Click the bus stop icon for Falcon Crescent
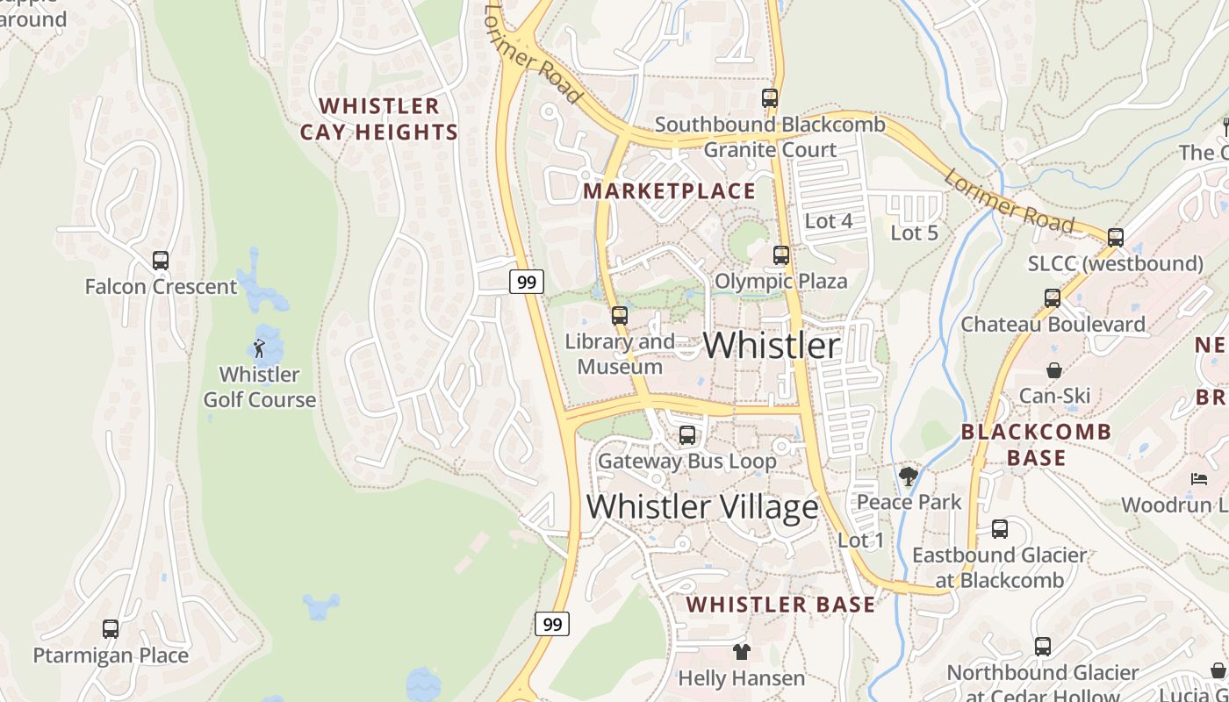pos(160,261)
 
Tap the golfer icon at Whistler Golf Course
pos(259,348)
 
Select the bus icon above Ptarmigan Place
pos(110,629)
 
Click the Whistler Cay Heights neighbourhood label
pos(379,119)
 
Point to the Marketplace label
pos(669,191)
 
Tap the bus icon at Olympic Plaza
pos(780,255)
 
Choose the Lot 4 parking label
pos(828,221)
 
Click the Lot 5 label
pos(914,233)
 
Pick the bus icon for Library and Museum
pos(620,316)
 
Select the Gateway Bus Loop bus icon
pos(686,435)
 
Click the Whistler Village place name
pos(702,506)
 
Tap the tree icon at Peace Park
pos(909,476)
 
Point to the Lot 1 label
pos(861,540)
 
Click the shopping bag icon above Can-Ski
pos(1053,370)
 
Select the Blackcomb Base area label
pos(1036,445)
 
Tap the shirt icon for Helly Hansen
pos(742,652)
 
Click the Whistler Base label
pos(780,605)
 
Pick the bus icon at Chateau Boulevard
pos(1053,298)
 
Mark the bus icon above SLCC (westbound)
pos(1115,237)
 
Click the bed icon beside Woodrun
pos(1198,478)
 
